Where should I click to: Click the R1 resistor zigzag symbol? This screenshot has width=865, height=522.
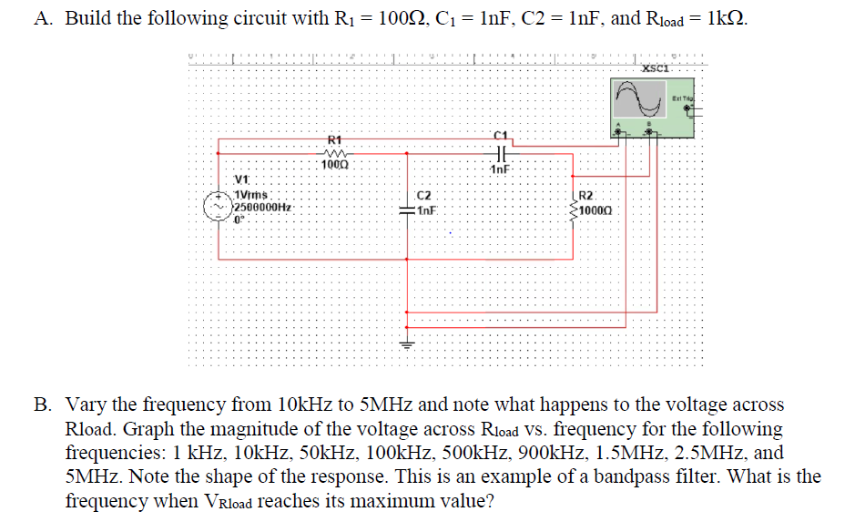[x=334, y=153]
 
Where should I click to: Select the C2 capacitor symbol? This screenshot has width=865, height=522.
[x=407, y=209]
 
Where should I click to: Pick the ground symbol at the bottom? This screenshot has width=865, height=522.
[x=407, y=345]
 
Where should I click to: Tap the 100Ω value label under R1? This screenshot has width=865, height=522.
[x=334, y=165]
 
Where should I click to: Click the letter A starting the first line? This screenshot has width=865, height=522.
[x=42, y=19]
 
